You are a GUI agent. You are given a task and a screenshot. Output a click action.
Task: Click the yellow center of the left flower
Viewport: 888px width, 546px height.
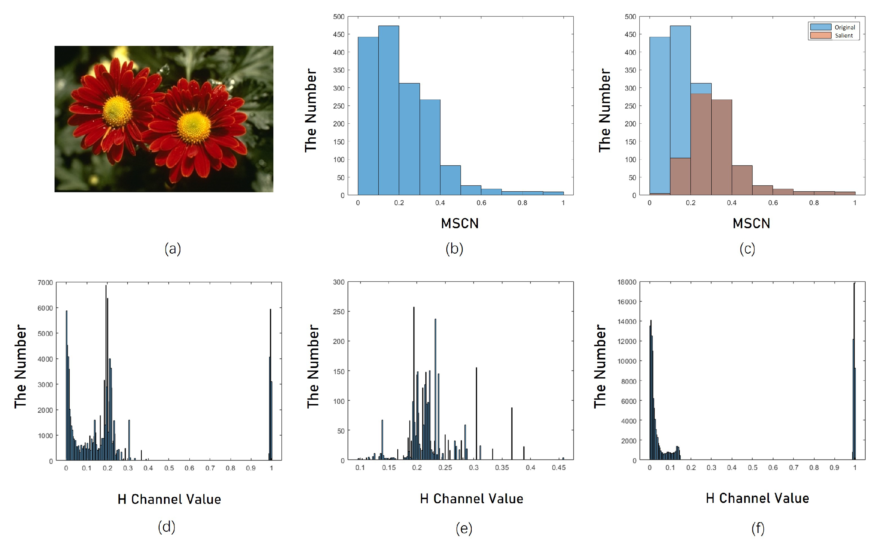pyautogui.click(x=117, y=111)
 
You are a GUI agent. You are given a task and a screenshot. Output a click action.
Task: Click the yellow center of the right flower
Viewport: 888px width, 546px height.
pyautogui.click(x=194, y=127)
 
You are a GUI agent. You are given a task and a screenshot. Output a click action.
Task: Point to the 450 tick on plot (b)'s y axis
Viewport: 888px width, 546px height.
pyautogui.click(x=338, y=34)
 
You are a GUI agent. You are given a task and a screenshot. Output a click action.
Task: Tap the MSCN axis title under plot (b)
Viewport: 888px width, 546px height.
pyautogui.click(x=460, y=224)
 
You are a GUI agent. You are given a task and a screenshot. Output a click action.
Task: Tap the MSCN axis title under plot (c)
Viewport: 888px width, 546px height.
pyautogui.click(x=751, y=224)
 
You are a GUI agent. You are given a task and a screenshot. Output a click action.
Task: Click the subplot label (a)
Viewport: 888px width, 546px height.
pyautogui.click(x=173, y=249)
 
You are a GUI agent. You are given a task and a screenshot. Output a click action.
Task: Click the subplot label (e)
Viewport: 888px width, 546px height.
pyautogui.click(x=464, y=528)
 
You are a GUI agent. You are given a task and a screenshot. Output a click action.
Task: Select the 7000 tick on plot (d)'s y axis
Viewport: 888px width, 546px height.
pyautogui.click(x=45, y=282)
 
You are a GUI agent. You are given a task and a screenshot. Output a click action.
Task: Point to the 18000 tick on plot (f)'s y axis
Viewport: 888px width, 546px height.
pyautogui.click(x=627, y=282)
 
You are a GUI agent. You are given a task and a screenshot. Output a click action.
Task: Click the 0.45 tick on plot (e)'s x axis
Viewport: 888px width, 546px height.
pyautogui.click(x=559, y=468)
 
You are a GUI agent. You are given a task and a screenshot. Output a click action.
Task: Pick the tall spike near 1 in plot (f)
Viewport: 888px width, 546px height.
pyautogui.click(x=854, y=372)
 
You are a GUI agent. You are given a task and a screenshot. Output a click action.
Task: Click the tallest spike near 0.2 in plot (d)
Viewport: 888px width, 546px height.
pyautogui.click(x=106, y=372)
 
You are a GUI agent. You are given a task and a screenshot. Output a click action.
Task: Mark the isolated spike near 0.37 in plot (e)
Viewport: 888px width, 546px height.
pyautogui.click(x=511, y=433)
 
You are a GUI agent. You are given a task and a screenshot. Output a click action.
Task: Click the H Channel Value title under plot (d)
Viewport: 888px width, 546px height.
pyautogui.click(x=169, y=499)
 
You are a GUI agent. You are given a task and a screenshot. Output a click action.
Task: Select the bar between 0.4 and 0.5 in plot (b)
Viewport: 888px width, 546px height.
pyautogui.click(x=450, y=180)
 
